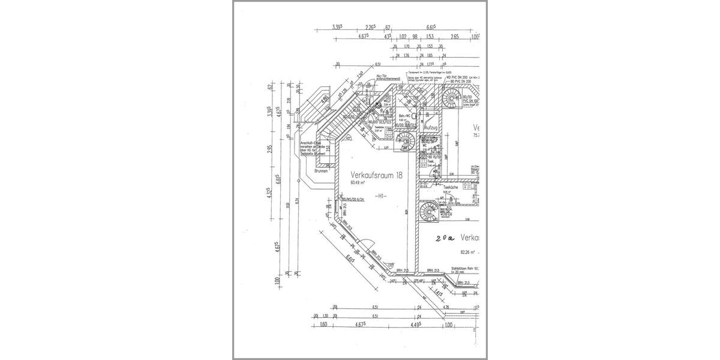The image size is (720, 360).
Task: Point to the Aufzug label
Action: tap(431, 128)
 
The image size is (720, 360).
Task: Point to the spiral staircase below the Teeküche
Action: tap(430, 212)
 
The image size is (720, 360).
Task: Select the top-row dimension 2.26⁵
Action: tap(371, 27)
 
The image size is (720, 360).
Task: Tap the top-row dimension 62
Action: tap(388, 27)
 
